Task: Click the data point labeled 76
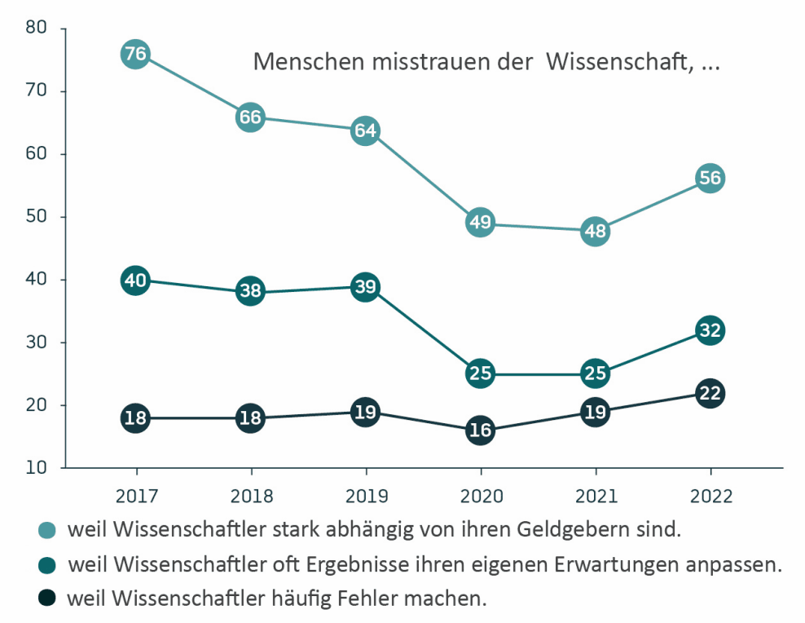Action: [x=135, y=55]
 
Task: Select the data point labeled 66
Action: [x=250, y=117]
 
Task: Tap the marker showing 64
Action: [x=365, y=130]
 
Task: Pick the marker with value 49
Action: [x=480, y=223]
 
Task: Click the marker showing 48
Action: [x=595, y=231]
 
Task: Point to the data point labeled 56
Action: [x=710, y=179]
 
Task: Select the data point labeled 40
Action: [x=135, y=281]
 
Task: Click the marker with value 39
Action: [x=365, y=287]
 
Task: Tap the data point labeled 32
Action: [x=710, y=330]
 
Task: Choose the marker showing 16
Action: [x=480, y=431]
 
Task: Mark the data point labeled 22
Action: [x=710, y=394]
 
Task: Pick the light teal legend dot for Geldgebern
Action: [x=48, y=531]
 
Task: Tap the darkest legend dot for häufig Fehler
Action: [x=48, y=599]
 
